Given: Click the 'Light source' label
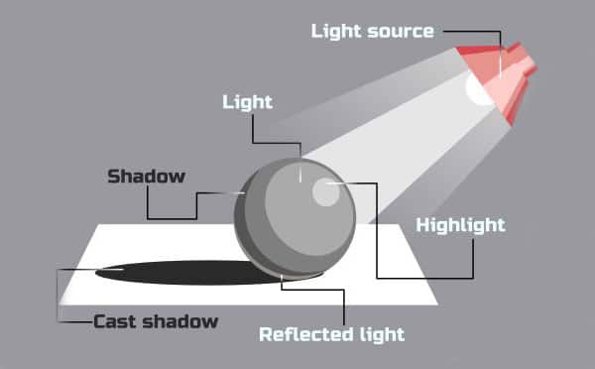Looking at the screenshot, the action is tap(372, 31).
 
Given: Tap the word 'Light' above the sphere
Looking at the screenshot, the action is tap(247, 102).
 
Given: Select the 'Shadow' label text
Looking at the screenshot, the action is tap(146, 178).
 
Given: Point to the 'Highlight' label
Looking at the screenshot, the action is tap(460, 225).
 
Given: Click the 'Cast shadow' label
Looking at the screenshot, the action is tap(156, 321).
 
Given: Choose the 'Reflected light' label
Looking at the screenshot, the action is tap(331, 334).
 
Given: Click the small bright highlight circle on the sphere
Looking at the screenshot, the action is tap(324, 192).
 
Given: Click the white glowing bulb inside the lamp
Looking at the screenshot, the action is tap(478, 89).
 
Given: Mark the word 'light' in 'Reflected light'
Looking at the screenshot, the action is tap(381, 334).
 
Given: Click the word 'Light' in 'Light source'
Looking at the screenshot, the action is tap(334, 31).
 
